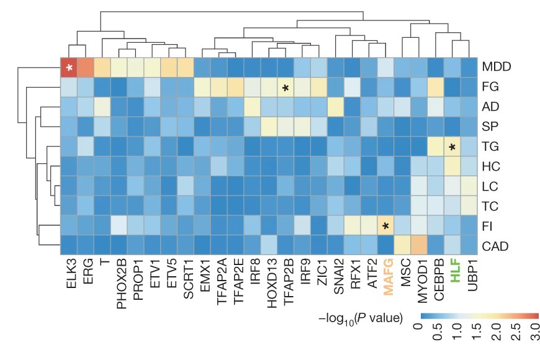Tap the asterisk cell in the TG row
pyautogui.click(x=453, y=147)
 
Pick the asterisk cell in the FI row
pyautogui.click(x=386, y=226)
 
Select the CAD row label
pyautogui.click(x=495, y=246)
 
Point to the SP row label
pyautogui.click(x=490, y=127)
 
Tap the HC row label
pyautogui.click(x=491, y=167)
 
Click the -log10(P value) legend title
pyautogui.click(x=359, y=319)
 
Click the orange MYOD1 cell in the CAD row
pyautogui.click(x=420, y=246)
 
